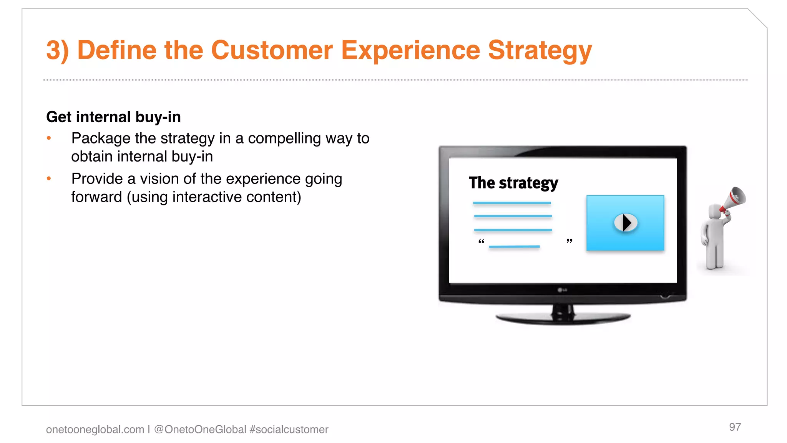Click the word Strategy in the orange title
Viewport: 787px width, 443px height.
click(540, 50)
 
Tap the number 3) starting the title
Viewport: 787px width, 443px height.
click(58, 50)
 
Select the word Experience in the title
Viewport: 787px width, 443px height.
click(410, 50)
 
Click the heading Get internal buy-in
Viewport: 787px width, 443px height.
click(113, 117)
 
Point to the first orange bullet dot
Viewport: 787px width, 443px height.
click(49, 138)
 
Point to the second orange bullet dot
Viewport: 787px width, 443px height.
click(49, 178)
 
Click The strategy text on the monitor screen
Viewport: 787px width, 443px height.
click(513, 183)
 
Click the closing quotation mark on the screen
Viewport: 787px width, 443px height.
click(569, 241)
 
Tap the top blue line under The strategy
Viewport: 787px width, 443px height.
click(512, 203)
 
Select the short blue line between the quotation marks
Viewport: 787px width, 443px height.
click(514, 246)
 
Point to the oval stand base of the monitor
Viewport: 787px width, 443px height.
click(563, 318)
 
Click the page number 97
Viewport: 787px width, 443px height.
click(735, 427)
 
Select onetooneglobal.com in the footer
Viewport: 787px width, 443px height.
click(95, 430)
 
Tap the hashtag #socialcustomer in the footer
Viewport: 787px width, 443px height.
click(289, 430)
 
